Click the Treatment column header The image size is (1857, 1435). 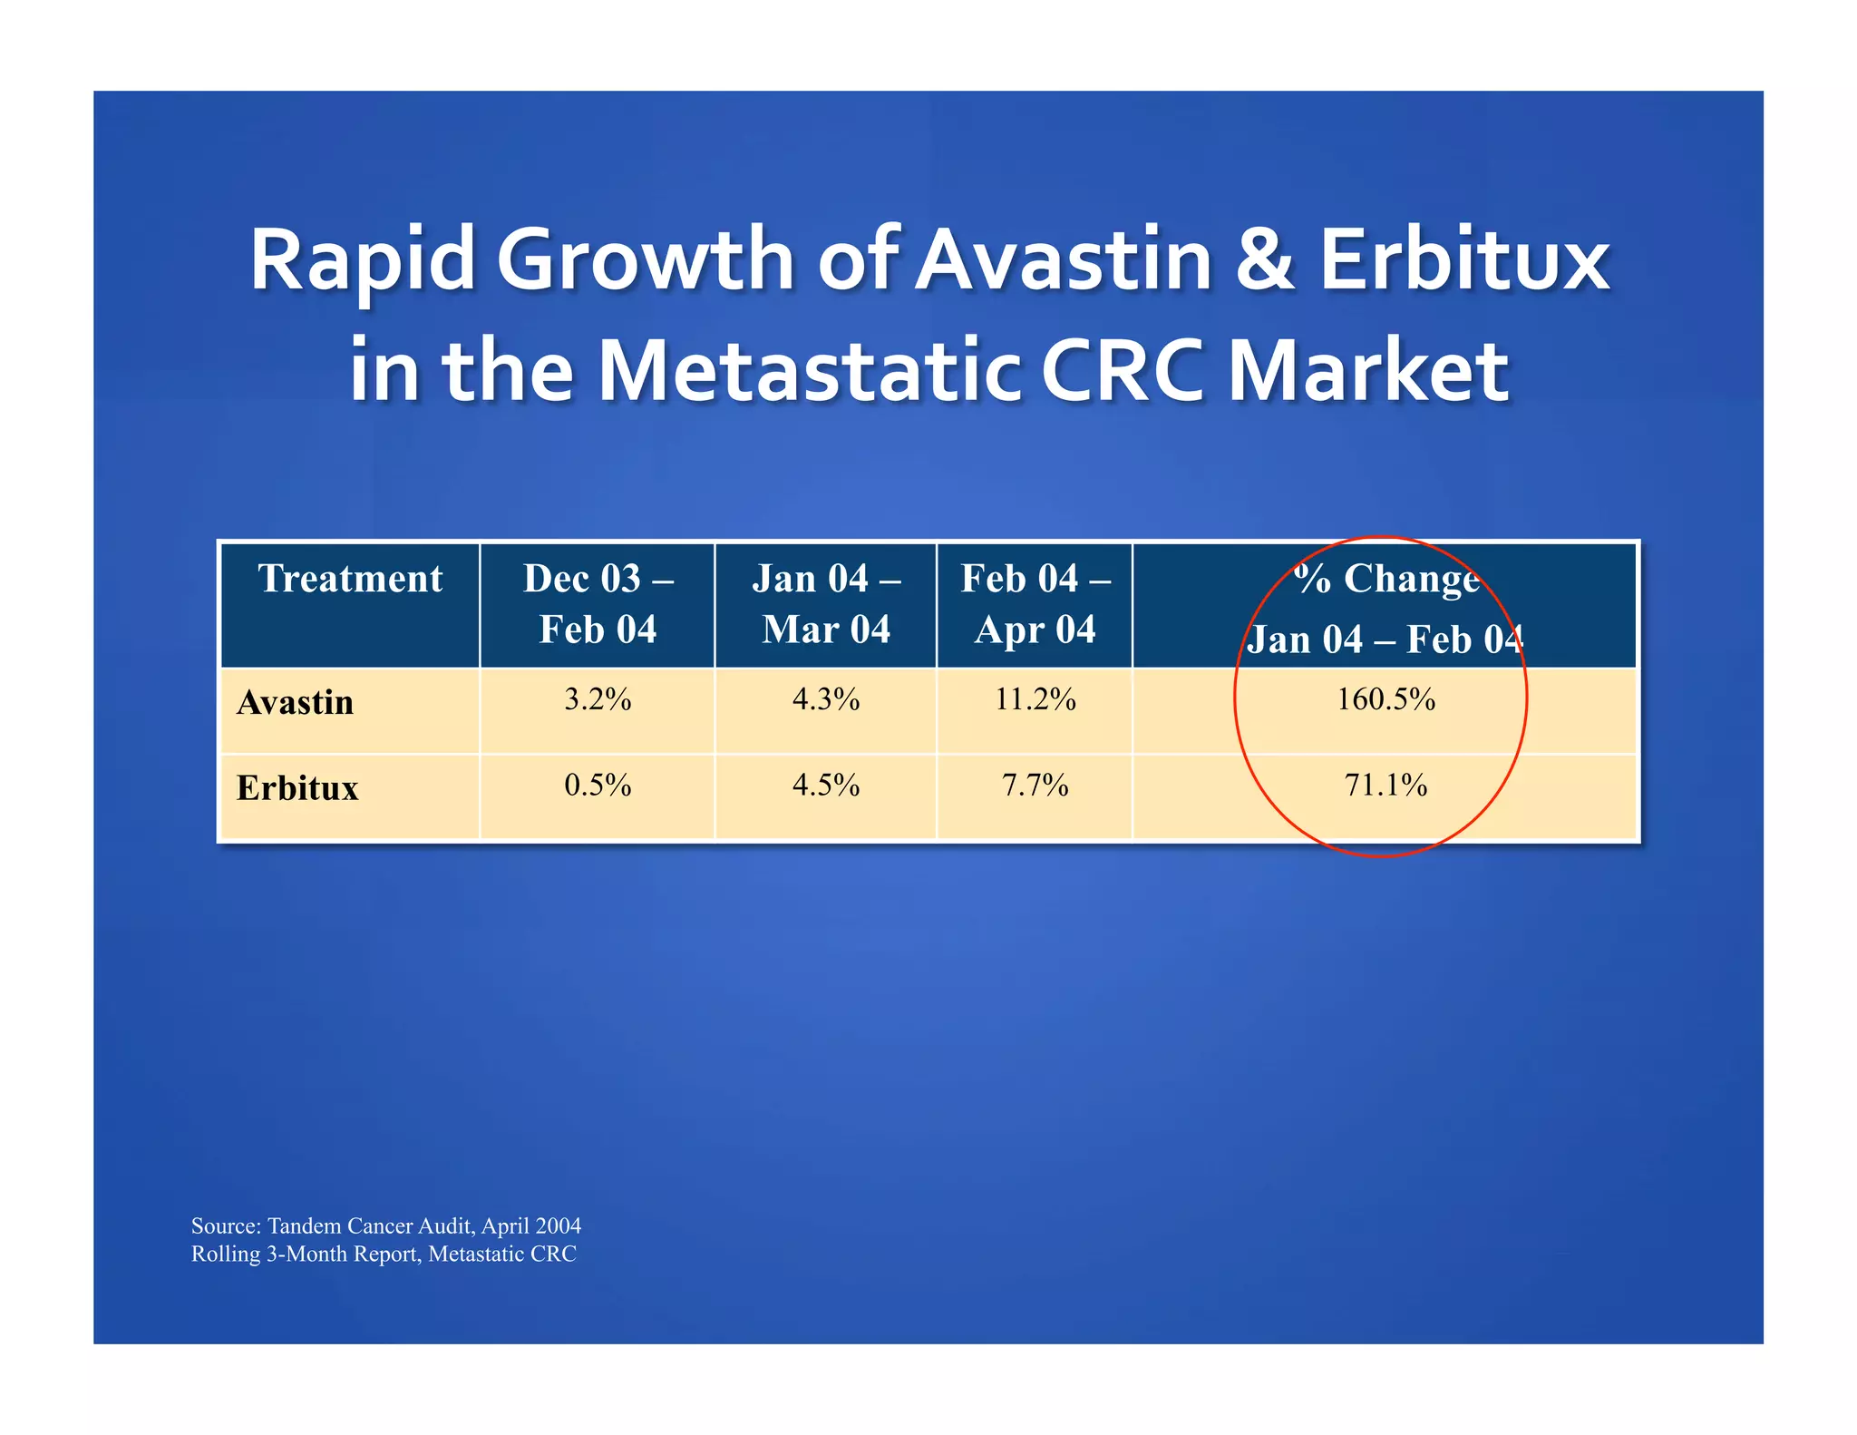coord(350,579)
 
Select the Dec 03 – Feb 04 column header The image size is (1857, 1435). coord(598,603)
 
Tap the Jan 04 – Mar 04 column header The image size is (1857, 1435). coord(826,603)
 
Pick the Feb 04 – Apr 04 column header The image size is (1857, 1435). coord(1035,603)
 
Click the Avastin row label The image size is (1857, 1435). coord(295,703)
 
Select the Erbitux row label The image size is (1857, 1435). coord(297,787)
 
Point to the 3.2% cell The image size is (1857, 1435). coord(598,699)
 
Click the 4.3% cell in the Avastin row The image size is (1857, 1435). coord(826,699)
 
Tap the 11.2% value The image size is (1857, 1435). coord(1035,699)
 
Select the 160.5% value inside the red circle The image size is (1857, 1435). coord(1385,699)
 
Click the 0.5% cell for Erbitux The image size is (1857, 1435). coord(598,785)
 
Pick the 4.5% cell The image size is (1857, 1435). coord(826,785)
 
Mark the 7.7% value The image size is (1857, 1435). coord(1035,785)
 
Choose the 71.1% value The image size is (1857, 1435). coord(1385,785)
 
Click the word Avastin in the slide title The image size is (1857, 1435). coord(1063,260)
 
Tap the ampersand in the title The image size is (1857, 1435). coord(1265,260)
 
